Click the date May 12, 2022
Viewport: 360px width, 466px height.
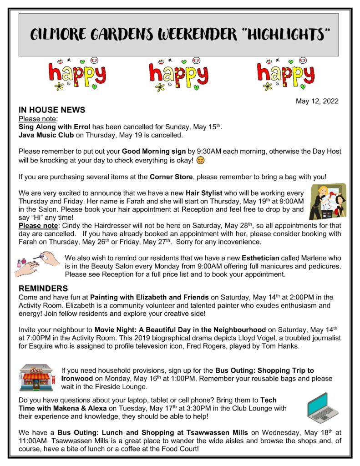(317, 101)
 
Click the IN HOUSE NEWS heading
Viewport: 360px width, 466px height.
(51, 110)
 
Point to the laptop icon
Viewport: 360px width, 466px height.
(323, 407)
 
